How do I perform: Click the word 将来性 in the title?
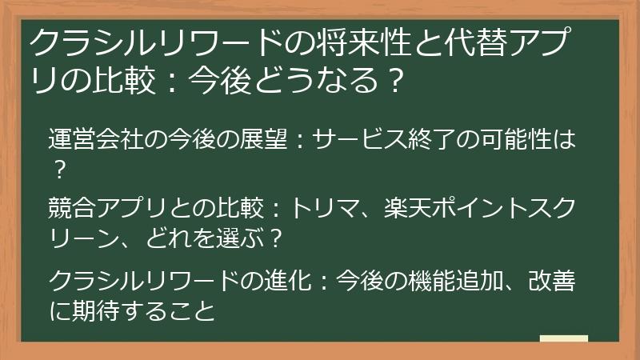[x=357, y=42]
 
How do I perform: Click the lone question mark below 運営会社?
[x=58, y=169]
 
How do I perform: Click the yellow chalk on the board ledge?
[x=563, y=339]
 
